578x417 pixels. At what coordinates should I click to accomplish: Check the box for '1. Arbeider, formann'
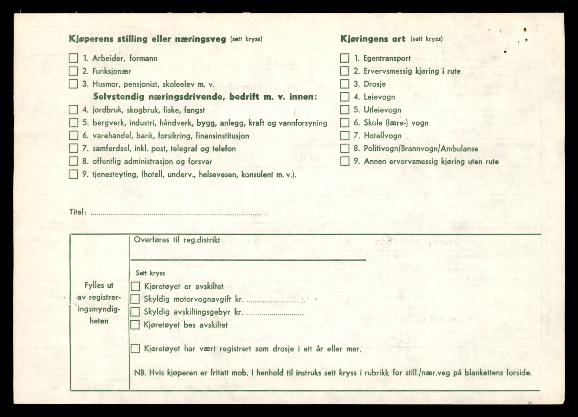73,58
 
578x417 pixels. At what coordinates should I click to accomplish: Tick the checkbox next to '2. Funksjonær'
73,71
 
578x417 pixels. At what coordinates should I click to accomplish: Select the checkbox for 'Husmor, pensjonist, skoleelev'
73,84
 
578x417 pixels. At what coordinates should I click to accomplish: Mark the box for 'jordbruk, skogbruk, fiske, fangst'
73,110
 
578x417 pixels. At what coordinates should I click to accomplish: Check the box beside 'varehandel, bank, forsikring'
73,135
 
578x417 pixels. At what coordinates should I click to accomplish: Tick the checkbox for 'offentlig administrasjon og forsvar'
73,161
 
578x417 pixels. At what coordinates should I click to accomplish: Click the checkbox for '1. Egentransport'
345,58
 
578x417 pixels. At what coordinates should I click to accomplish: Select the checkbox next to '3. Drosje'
345,84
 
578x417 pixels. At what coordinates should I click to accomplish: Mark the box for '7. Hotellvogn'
345,136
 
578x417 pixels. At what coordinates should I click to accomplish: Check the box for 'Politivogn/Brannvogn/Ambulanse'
345,148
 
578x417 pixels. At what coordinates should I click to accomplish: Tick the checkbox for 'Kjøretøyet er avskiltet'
135,286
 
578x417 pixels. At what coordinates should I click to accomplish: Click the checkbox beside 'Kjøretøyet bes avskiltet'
135,325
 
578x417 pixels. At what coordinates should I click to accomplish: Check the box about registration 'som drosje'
135,349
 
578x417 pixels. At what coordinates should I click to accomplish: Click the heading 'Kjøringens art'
373,39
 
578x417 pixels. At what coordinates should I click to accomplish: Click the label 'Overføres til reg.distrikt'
177,240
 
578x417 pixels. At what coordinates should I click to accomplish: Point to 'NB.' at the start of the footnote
139,373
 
